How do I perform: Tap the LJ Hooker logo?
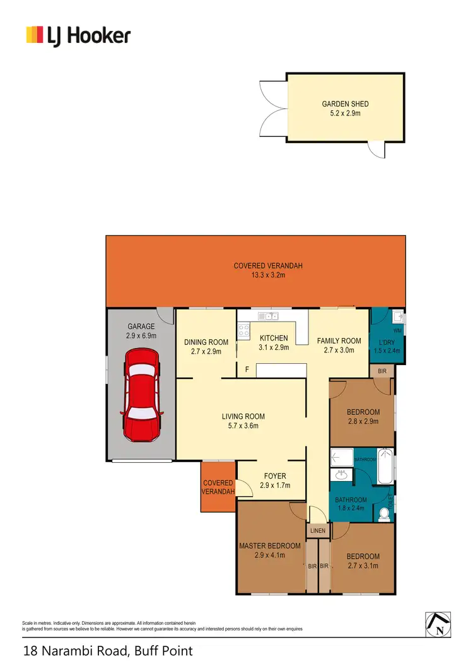[x=78, y=35]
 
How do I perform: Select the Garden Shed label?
[x=345, y=104]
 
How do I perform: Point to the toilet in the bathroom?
[x=384, y=514]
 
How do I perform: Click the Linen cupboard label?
[x=318, y=531]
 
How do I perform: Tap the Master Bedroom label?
[x=269, y=546]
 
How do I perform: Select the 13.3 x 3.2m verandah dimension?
[x=268, y=276]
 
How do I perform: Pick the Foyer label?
[x=275, y=476]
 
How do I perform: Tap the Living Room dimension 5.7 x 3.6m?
[x=243, y=426]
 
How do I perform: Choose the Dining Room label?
[x=206, y=342]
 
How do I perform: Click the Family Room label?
[x=339, y=340]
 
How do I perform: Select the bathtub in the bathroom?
[x=385, y=467]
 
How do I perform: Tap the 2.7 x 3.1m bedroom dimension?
[x=363, y=566]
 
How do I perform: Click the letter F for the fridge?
[x=247, y=370]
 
